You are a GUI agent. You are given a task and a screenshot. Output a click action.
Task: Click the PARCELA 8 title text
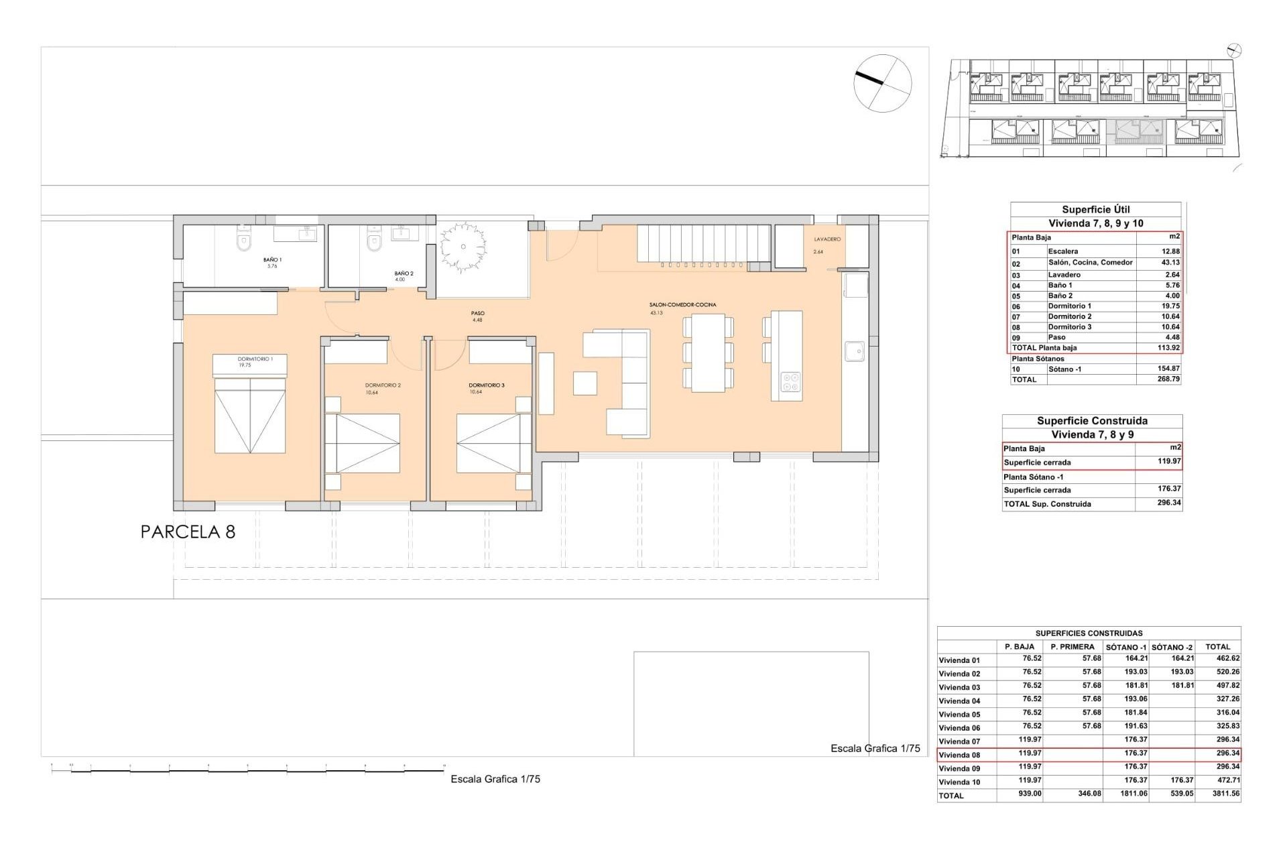click(188, 532)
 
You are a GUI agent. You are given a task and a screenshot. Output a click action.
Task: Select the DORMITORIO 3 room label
click(486, 385)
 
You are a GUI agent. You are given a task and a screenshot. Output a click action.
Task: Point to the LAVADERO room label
click(827, 239)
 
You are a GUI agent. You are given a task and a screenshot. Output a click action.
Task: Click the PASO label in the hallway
click(477, 313)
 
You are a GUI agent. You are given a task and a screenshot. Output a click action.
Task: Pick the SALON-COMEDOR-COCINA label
click(682, 305)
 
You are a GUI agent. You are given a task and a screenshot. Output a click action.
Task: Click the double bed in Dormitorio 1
click(250, 414)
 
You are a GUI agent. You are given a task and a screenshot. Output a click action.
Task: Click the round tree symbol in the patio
click(463, 247)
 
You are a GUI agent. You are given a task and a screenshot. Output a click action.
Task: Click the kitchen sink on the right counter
click(854, 351)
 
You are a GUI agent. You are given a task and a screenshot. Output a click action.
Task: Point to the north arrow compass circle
click(882, 83)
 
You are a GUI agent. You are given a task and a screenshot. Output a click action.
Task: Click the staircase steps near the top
click(702, 245)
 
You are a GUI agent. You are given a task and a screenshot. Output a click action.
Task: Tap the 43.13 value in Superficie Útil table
click(1170, 263)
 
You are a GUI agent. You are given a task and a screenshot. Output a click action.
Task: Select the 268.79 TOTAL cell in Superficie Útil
click(1168, 379)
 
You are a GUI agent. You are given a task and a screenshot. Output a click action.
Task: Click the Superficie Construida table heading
click(1092, 421)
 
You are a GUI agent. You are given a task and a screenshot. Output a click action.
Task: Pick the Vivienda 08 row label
click(959, 755)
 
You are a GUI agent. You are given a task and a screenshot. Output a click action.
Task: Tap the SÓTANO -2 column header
click(1172, 648)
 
